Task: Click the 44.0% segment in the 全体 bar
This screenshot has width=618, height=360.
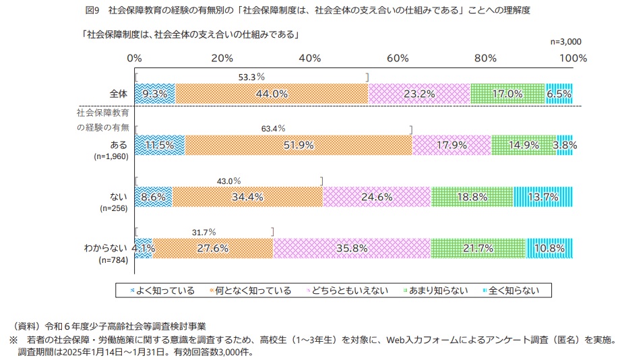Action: coord(272,94)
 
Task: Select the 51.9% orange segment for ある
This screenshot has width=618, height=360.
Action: coord(298,145)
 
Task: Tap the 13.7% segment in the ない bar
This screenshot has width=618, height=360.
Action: coord(543,196)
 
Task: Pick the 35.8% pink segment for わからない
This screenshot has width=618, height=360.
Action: coord(351,247)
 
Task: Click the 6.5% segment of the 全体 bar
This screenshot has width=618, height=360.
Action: coord(559,94)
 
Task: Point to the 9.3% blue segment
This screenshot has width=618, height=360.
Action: coord(155,94)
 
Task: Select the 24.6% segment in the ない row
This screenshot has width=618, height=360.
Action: coord(377,196)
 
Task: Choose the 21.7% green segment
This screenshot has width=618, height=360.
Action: coord(478,247)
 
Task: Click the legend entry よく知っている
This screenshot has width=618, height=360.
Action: coord(161,291)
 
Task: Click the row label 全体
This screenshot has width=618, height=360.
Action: coord(119,94)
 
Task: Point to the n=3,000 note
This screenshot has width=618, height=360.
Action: coord(565,41)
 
